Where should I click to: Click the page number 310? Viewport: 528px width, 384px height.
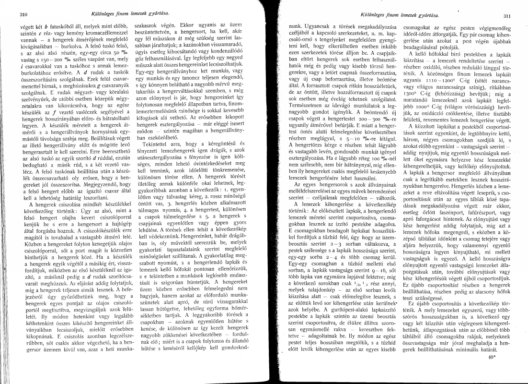(22, 15)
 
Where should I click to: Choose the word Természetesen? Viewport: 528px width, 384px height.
(312, 103)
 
